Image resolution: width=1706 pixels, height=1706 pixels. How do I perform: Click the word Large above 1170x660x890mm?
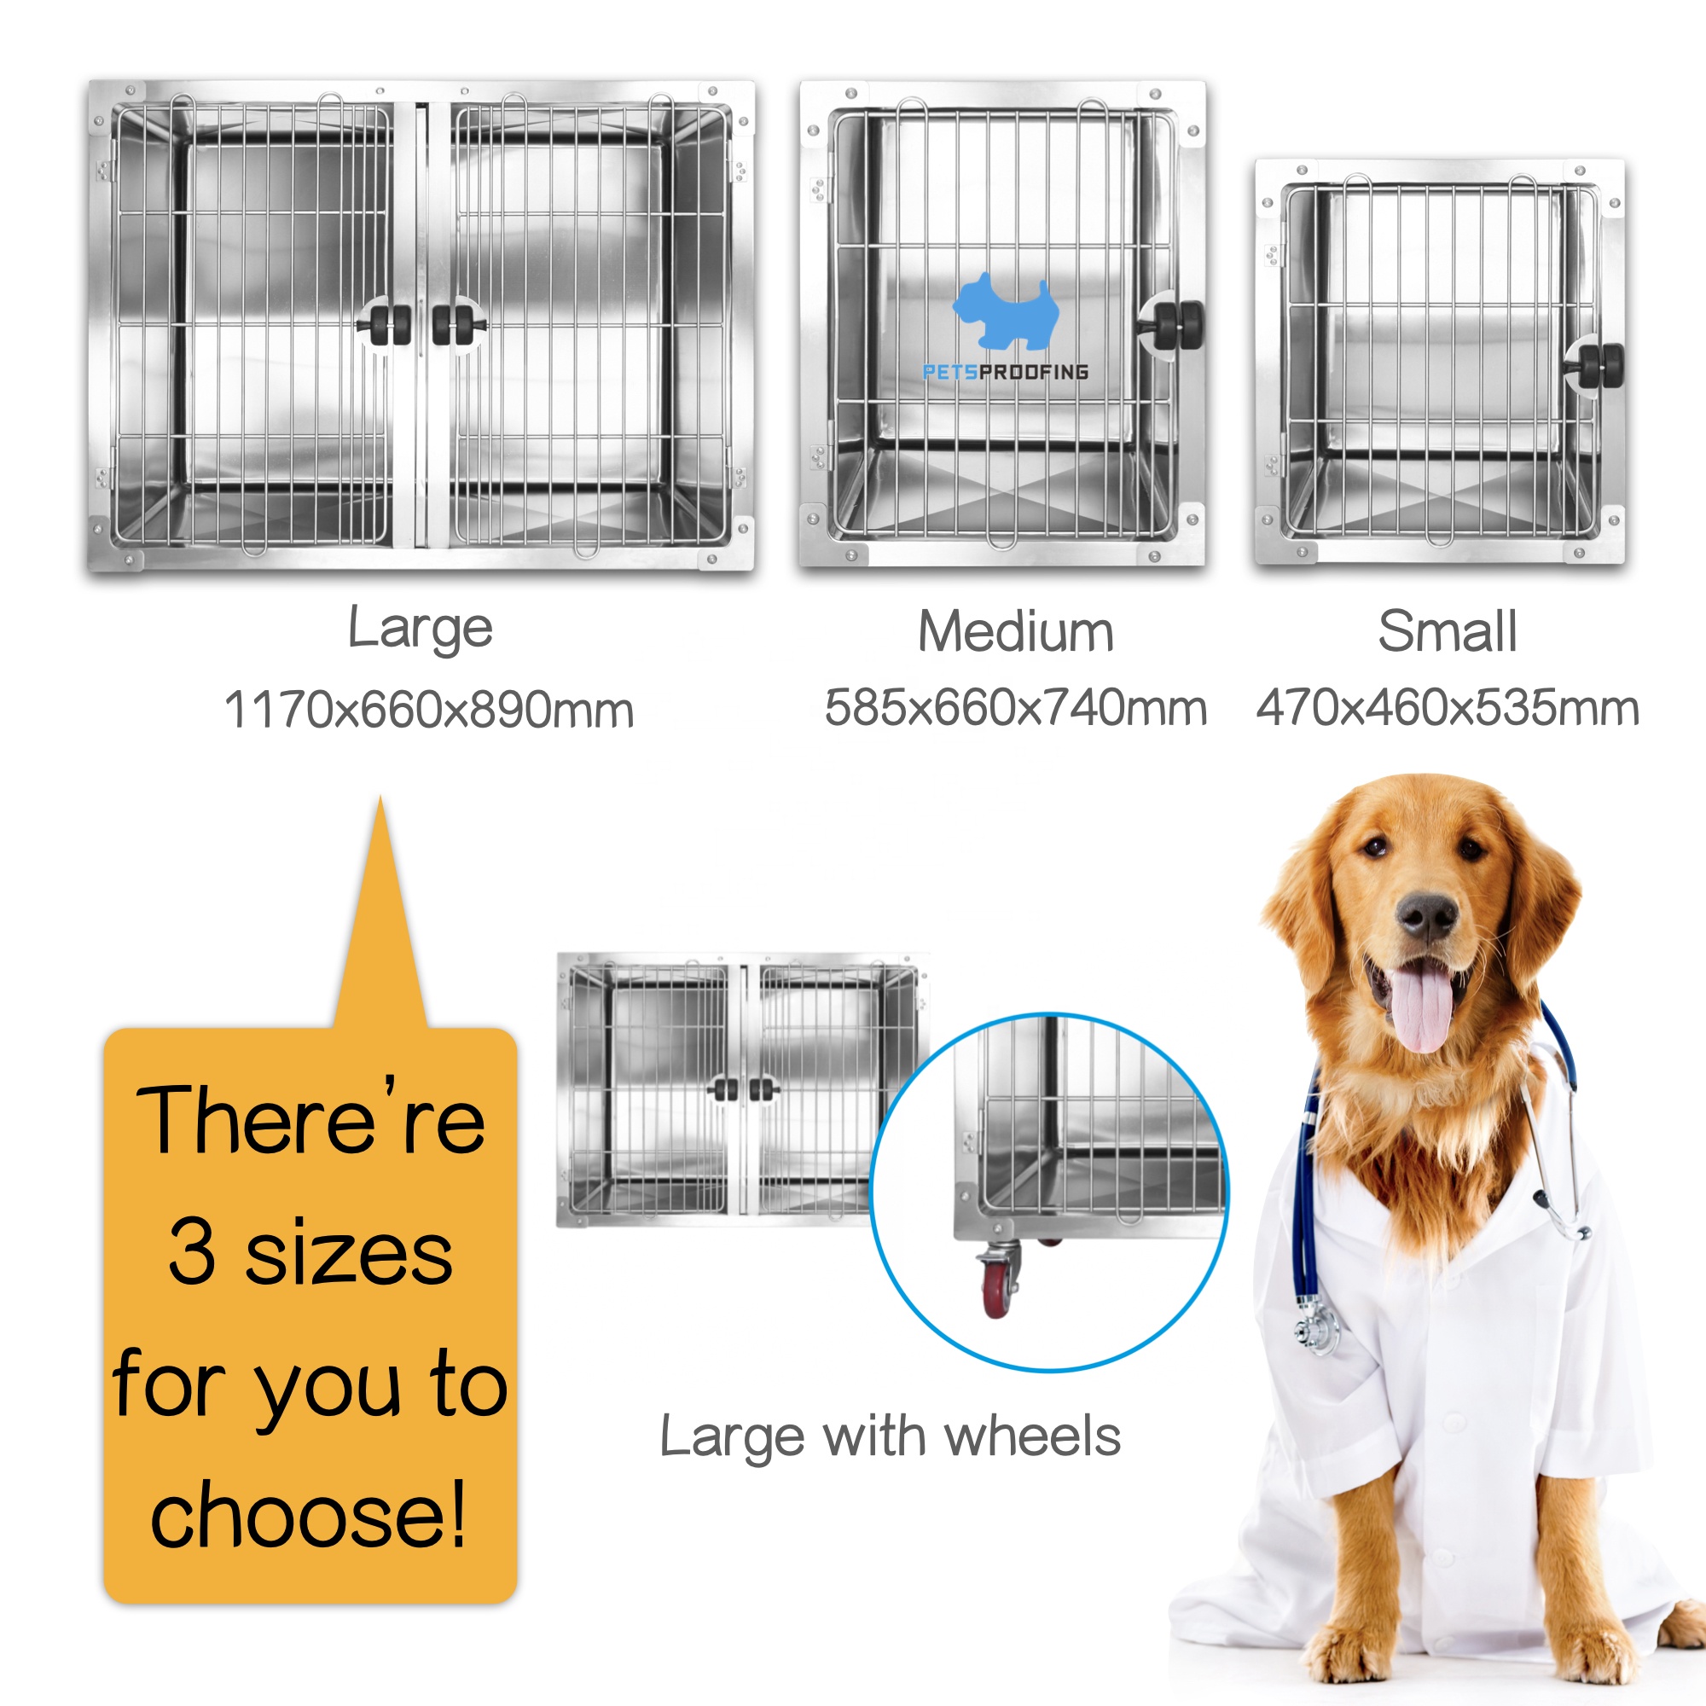pos(421,630)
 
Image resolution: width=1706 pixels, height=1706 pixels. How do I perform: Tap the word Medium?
pos(1015,632)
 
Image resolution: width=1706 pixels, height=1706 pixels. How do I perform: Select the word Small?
pos(1448,632)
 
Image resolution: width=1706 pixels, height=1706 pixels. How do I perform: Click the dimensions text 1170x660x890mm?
pos(429,710)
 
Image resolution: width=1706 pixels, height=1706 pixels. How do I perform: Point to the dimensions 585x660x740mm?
pos(1015,708)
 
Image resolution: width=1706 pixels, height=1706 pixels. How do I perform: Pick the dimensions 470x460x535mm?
pos(1448,708)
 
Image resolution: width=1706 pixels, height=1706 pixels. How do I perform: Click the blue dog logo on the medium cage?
pos(1006,310)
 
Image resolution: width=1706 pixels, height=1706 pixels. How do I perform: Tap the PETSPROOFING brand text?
pos(1005,372)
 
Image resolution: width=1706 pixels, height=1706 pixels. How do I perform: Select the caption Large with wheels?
pos(890,1437)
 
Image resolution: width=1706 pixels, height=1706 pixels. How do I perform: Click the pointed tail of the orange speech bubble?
pos(380,798)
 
